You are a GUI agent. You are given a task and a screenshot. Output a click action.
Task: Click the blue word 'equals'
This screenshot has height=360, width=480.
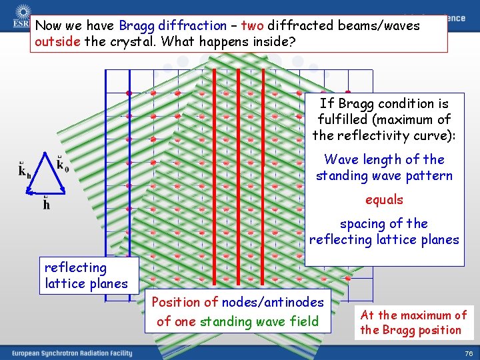click(384, 199)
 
